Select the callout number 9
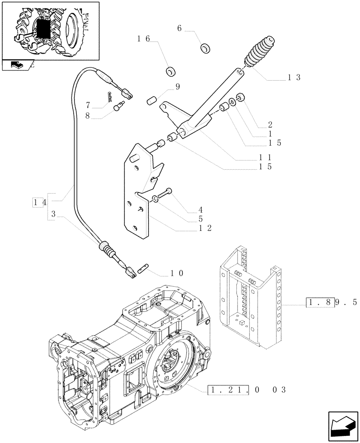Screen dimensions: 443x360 [177, 87]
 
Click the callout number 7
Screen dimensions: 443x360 [88, 105]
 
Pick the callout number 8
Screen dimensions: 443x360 [88, 116]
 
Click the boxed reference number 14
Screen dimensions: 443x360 [39, 203]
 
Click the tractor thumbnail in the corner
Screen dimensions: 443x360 [50, 31]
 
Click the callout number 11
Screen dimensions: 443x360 [266, 157]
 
